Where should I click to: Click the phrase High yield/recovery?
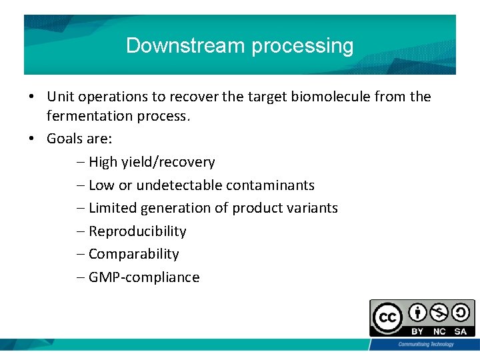coord(151,162)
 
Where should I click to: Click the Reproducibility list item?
coord(137,231)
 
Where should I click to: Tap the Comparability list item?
coord(133,254)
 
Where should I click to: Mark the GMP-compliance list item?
coord(144,277)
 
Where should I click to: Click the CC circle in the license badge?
coord(387,318)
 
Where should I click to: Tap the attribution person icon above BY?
coord(418,312)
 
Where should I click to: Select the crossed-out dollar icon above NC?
coord(439,312)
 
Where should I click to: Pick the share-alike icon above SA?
coord(461,312)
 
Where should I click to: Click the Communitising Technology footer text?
coord(426,344)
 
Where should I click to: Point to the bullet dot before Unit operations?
coord(32,97)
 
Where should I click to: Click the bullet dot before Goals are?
coord(32,139)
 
